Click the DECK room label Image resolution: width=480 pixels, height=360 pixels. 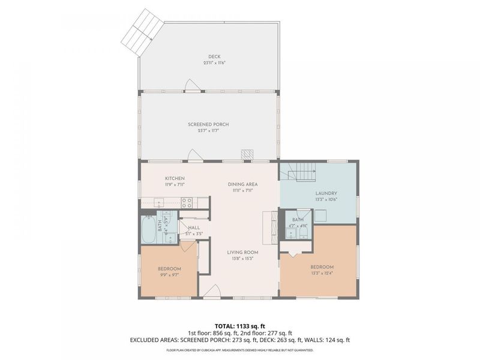208,56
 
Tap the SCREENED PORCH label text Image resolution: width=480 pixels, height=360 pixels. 208,124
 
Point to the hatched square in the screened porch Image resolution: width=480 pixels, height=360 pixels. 247,155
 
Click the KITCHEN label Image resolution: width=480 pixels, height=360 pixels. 175,178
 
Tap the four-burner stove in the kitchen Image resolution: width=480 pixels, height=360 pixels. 186,203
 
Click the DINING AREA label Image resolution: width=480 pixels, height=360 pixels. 242,184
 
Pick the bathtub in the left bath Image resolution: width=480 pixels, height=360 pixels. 148,229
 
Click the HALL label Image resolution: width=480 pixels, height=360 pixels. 194,228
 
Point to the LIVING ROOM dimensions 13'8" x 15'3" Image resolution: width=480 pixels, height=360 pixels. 242,259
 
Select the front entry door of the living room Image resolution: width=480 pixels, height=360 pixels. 211,292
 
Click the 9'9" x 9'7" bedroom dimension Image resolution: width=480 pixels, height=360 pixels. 169,274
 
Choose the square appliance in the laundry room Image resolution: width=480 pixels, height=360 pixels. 322,215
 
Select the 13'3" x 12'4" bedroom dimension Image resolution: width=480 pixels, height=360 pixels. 322,273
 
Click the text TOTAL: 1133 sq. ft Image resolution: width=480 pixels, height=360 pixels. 240,326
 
